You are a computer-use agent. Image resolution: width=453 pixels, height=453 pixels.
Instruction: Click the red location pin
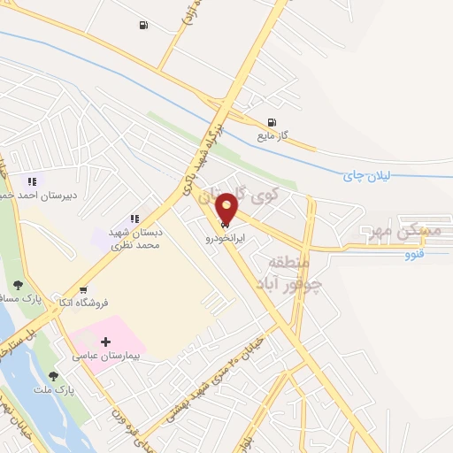click(227, 208)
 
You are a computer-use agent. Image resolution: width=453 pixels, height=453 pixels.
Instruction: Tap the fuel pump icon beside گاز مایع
click(271, 122)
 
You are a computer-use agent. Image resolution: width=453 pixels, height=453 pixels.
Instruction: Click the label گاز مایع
click(299, 138)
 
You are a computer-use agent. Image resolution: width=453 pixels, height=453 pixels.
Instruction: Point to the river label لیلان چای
click(365, 176)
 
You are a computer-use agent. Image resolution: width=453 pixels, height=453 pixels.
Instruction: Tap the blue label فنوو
click(414, 255)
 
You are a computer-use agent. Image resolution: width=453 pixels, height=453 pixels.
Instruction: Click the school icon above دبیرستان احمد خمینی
click(32, 182)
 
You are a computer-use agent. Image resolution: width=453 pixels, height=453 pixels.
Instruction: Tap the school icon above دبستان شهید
click(134, 218)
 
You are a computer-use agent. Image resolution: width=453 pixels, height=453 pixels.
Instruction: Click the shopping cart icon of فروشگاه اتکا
click(83, 289)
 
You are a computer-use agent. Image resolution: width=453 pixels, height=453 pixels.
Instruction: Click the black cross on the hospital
click(106, 342)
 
